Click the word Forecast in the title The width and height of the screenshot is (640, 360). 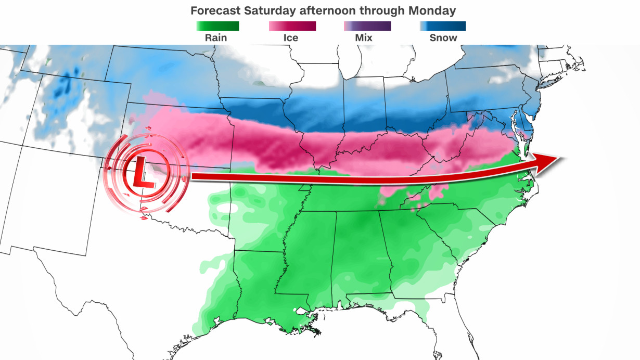coord(215,10)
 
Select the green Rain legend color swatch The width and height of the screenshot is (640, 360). coord(217,27)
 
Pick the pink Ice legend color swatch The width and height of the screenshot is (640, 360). coord(292,27)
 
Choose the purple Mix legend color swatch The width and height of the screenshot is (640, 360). coord(367,27)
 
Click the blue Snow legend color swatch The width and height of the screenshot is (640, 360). coord(443,27)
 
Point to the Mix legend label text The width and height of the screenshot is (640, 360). coord(367,38)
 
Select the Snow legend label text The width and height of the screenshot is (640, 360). coord(443,38)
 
